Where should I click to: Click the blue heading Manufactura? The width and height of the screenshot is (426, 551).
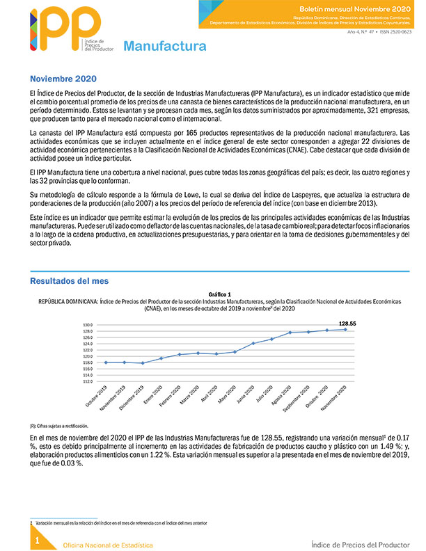(164, 47)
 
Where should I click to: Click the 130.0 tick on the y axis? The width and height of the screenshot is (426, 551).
(88, 325)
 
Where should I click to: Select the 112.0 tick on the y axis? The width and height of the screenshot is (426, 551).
(88, 381)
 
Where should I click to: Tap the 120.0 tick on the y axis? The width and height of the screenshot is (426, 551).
(88, 356)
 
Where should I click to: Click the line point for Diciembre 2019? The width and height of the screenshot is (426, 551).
(143, 363)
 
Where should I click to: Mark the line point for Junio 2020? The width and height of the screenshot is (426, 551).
(253, 343)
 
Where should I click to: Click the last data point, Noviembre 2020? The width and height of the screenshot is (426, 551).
(346, 329)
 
